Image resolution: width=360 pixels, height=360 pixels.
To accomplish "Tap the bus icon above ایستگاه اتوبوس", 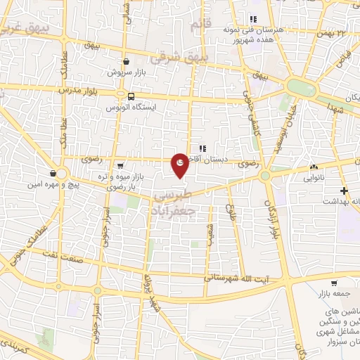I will tap(131, 96).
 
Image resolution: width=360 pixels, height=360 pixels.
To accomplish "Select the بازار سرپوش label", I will tap(125, 72).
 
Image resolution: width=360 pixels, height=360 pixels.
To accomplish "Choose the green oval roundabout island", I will tap(302, 87).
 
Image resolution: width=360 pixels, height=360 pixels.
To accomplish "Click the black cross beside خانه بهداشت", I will tap(345, 191).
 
